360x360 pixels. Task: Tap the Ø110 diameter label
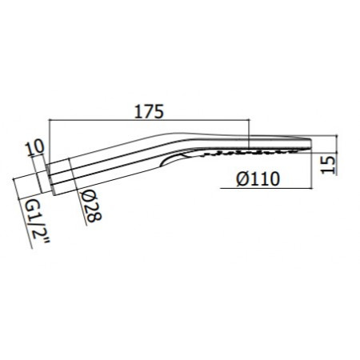258,180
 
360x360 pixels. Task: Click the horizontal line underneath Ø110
264,190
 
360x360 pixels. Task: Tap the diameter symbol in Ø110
241,180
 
